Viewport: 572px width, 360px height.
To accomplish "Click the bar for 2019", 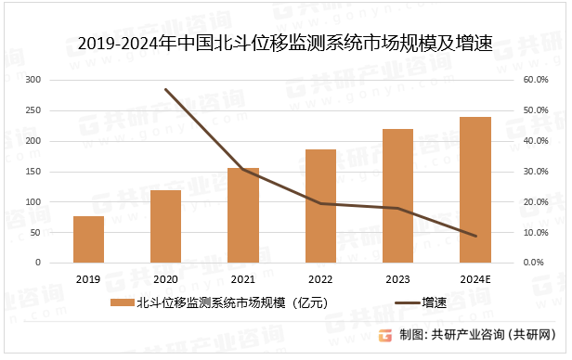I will tap(88, 239).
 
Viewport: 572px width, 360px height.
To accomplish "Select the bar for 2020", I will tap(166, 226).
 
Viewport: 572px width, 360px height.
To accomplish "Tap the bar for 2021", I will tap(243, 215).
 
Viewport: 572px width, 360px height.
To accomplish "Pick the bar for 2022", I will tap(320, 206).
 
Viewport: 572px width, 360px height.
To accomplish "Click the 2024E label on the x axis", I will tap(474, 278).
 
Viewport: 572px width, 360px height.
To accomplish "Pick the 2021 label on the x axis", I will tap(243, 278).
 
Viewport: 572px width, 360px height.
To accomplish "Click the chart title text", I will tap(285, 42).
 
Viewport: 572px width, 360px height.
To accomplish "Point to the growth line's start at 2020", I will tap(166, 90).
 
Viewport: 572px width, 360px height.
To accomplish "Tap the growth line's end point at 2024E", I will tap(474, 236).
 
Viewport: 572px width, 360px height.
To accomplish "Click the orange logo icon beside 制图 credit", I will tap(386, 335).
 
